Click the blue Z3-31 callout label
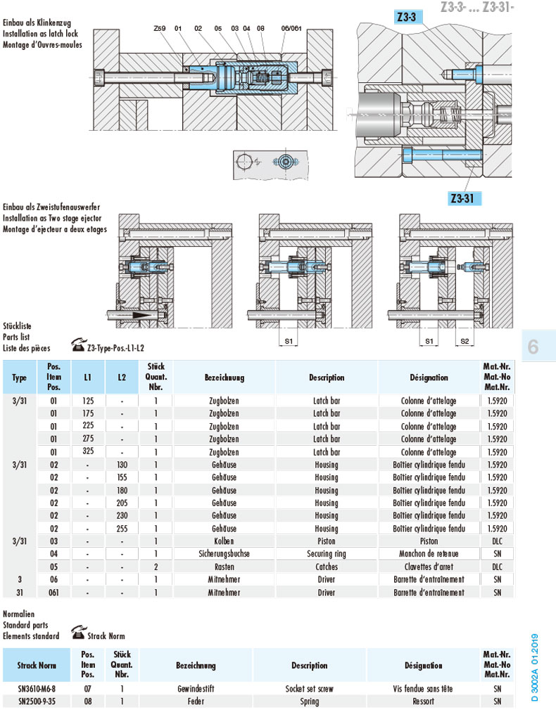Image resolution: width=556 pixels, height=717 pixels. [x=465, y=198]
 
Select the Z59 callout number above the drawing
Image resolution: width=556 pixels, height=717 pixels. [x=159, y=28]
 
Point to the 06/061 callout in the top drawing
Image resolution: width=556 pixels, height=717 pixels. [x=291, y=28]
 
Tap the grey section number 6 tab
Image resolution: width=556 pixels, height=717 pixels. [x=533, y=346]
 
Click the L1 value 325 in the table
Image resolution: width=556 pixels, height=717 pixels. [x=88, y=452]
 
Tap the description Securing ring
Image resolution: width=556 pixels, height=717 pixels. [x=326, y=554]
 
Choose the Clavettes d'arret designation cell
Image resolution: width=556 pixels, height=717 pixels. [x=429, y=567]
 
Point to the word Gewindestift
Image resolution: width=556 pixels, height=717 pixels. [x=196, y=689]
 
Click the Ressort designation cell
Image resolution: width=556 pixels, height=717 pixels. [x=423, y=702]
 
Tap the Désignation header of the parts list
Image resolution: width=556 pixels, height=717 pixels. [x=429, y=377]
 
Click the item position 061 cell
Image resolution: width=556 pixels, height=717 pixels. [x=53, y=593]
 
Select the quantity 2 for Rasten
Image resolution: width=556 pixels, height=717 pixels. [x=156, y=567]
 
